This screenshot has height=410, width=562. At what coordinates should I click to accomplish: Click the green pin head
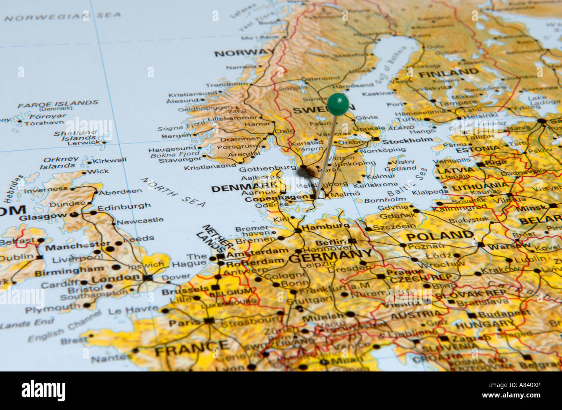click(338, 104)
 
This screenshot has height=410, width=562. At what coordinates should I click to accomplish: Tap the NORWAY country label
click(241, 53)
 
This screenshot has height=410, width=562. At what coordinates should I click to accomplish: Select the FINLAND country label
click(448, 73)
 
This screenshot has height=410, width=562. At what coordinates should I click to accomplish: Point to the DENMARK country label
click(244, 188)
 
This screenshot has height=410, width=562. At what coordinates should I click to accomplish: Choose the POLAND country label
click(440, 236)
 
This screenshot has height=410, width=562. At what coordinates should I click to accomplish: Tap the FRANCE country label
click(192, 347)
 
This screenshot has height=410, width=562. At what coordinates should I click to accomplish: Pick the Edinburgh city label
click(124, 207)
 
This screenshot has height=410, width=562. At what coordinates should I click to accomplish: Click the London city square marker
click(148, 278)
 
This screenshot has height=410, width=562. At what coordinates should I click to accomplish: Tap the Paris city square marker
click(209, 321)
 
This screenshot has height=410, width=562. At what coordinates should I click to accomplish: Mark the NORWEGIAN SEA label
click(62, 17)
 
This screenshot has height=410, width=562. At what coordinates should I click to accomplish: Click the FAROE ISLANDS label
click(57, 103)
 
